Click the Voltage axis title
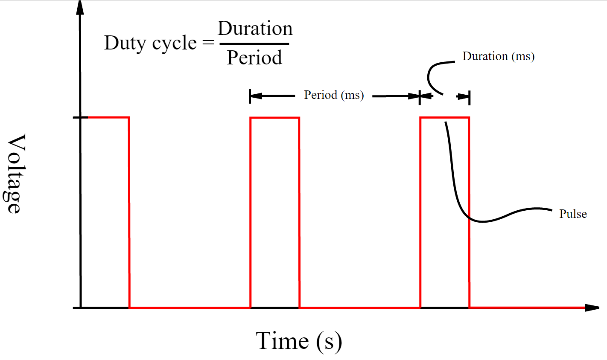[14, 174]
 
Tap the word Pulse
[573, 214]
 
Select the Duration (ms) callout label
[498, 57]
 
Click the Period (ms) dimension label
[334, 95]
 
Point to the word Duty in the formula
[125, 44]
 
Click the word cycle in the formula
[174, 44]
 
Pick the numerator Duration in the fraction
[255, 28]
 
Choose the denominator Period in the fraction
[254, 58]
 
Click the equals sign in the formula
[208, 43]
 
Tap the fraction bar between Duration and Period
[254, 44]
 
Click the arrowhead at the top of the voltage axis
[80, 8]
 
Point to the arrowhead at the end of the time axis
[592, 308]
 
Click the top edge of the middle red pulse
[275, 118]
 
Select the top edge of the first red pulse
[108, 117]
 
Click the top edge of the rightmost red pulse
[445, 118]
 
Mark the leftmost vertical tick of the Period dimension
[250, 96]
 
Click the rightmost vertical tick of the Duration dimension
[470, 97]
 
